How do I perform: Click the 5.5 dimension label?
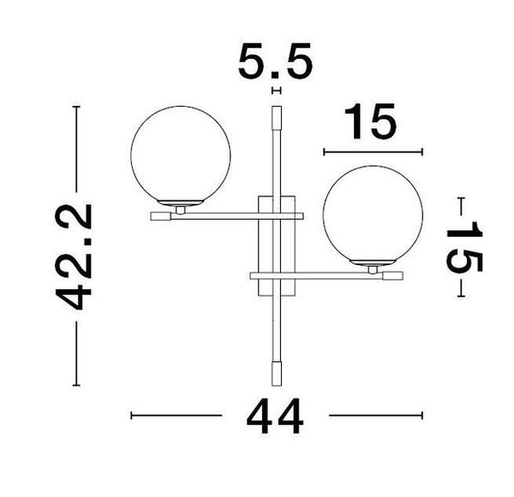(x=276, y=63)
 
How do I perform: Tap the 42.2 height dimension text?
(x=75, y=257)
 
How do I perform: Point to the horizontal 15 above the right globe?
(x=372, y=122)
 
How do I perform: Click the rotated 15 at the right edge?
(x=463, y=247)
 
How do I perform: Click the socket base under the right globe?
(x=374, y=266)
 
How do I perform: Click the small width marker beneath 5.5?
(x=276, y=90)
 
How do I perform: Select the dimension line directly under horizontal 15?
(x=373, y=152)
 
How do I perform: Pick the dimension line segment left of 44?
(x=176, y=416)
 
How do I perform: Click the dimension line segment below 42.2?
(x=76, y=354)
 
